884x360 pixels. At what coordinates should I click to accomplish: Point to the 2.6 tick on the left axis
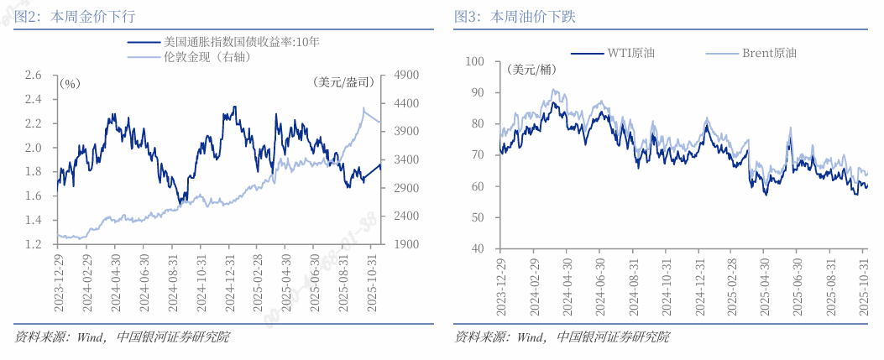pyautogui.click(x=33, y=76)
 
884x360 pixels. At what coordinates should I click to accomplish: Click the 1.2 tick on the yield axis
pyautogui.click(x=33, y=244)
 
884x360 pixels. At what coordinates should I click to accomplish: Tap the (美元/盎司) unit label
pyautogui.click(x=342, y=82)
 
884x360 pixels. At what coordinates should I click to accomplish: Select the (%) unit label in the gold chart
pyautogui.click(x=71, y=83)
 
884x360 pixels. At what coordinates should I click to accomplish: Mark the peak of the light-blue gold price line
pyautogui.click(x=364, y=108)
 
